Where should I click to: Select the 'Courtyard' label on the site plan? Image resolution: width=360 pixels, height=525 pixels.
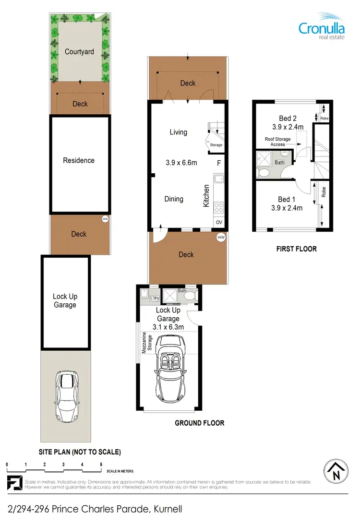point(79,51)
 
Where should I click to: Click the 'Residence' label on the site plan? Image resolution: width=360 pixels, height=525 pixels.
point(79,160)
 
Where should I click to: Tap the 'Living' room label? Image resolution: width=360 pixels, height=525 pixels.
point(178,132)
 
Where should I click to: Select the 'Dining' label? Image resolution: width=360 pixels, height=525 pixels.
point(174,199)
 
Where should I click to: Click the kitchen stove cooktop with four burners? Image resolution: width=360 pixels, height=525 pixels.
point(219,208)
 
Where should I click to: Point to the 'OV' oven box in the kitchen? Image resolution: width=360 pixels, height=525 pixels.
point(219,222)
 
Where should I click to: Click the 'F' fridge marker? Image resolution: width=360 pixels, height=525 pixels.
point(219,163)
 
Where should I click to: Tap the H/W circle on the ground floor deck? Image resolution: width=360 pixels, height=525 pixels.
point(221,238)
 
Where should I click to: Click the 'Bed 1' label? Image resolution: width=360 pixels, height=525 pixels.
point(284,199)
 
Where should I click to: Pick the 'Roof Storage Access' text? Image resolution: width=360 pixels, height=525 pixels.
point(278,142)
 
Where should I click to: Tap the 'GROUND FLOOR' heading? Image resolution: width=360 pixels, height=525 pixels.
point(199,423)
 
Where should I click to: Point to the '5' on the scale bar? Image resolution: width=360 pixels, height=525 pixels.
point(101,465)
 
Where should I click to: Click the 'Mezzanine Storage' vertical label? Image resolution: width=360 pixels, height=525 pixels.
point(144,343)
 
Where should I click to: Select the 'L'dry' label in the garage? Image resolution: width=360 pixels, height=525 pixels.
point(154,298)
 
